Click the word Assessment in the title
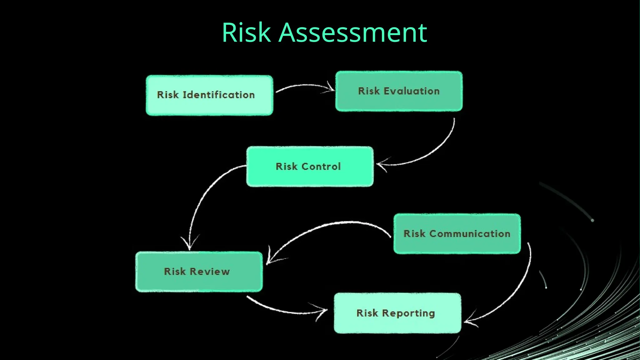pos(352,32)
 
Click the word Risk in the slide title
pos(246,32)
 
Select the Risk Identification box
pos(209,95)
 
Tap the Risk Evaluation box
pos(399,91)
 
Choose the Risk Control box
pos(310,167)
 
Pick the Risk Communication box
pos(457,234)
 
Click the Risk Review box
pos(199,272)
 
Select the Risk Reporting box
pos(397,313)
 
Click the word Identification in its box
pos(219,95)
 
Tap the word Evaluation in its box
pos(412,91)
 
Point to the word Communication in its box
pos(470,234)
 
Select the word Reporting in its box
pos(408,313)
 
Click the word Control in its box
pos(321,166)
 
